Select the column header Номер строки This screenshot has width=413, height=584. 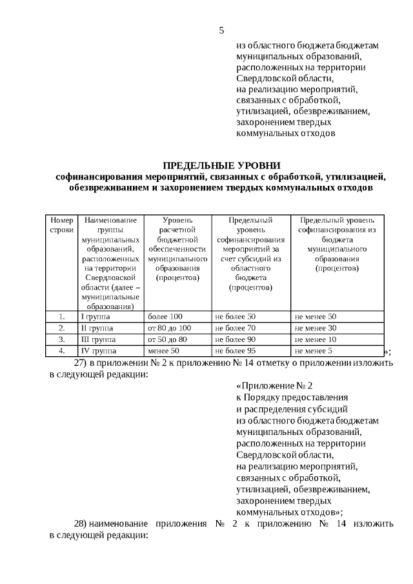62,225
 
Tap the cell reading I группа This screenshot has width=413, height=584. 94,317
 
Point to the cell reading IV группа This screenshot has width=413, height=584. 97,351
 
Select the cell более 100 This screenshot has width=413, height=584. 165,317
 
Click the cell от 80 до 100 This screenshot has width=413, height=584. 170,328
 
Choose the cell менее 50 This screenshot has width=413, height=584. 163,351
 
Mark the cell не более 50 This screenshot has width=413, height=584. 236,317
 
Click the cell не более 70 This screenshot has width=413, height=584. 236,328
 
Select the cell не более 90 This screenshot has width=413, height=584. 236,339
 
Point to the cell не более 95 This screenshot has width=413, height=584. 236,351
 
